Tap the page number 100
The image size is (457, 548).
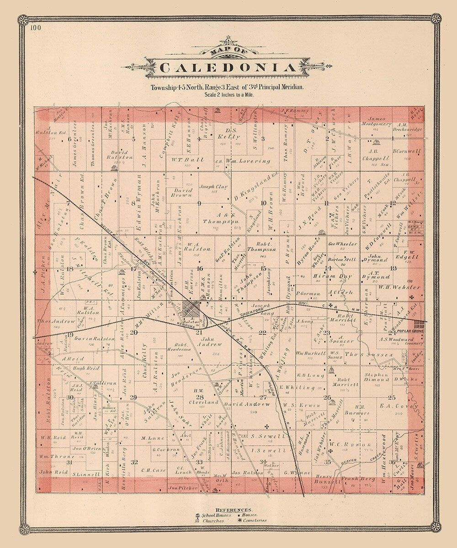click(x=37, y=28)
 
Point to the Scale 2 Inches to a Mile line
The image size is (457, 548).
click(x=227, y=95)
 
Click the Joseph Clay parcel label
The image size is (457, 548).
click(x=213, y=187)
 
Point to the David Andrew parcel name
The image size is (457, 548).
click(x=247, y=404)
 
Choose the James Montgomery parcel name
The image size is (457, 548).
click(x=377, y=121)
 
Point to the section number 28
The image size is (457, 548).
click(x=200, y=397)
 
